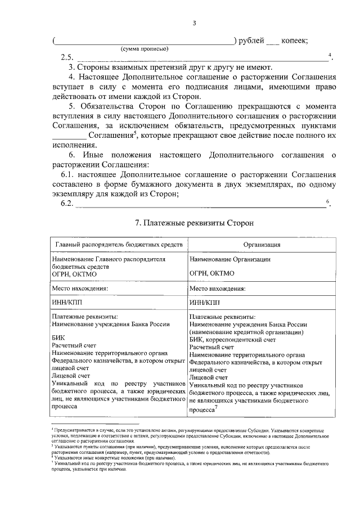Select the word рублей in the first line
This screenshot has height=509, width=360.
[251, 40]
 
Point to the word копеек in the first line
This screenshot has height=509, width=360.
[293, 40]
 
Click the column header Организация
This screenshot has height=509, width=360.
[262, 245]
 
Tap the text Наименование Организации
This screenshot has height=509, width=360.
[230, 259]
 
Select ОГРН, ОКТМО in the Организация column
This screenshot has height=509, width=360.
[212, 273]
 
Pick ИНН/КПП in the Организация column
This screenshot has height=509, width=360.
[204, 302]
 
